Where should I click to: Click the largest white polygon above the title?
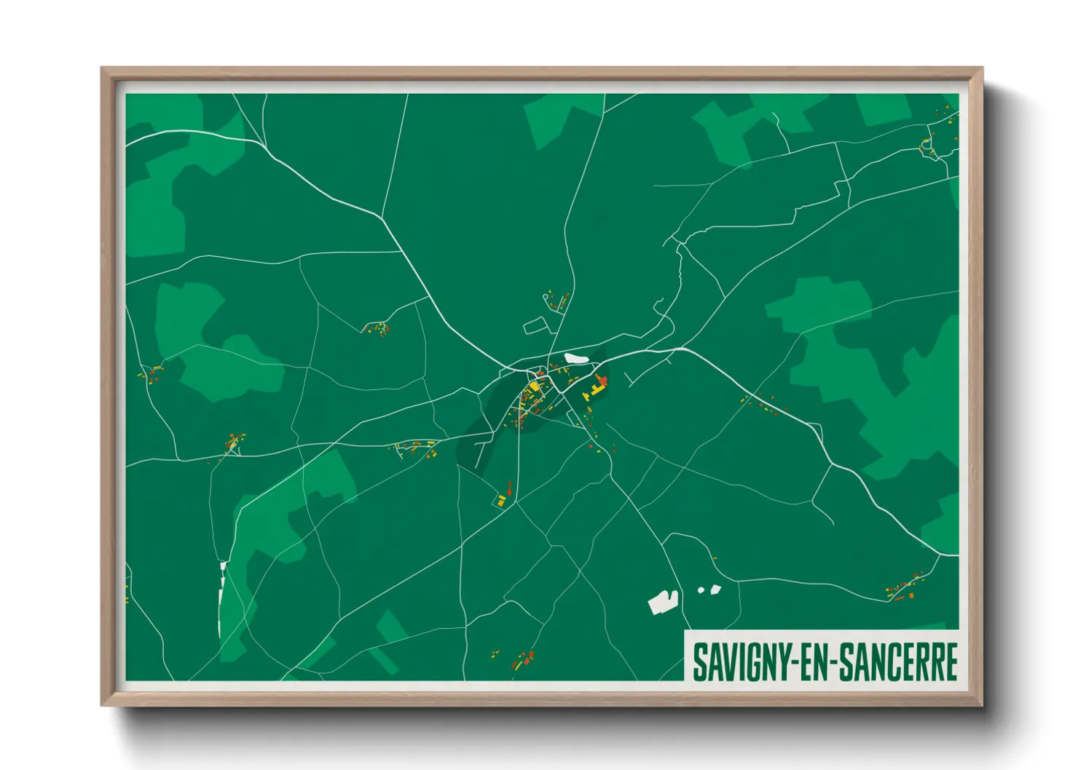[663, 602]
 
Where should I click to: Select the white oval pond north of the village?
[575, 357]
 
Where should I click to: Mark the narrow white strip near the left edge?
[221, 597]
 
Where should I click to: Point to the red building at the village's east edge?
[602, 381]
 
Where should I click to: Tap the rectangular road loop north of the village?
[535, 325]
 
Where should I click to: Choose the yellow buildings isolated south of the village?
[502, 501]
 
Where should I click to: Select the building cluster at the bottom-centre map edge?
[523, 661]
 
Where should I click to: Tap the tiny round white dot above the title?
[701, 590]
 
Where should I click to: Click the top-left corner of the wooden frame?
[103, 69]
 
